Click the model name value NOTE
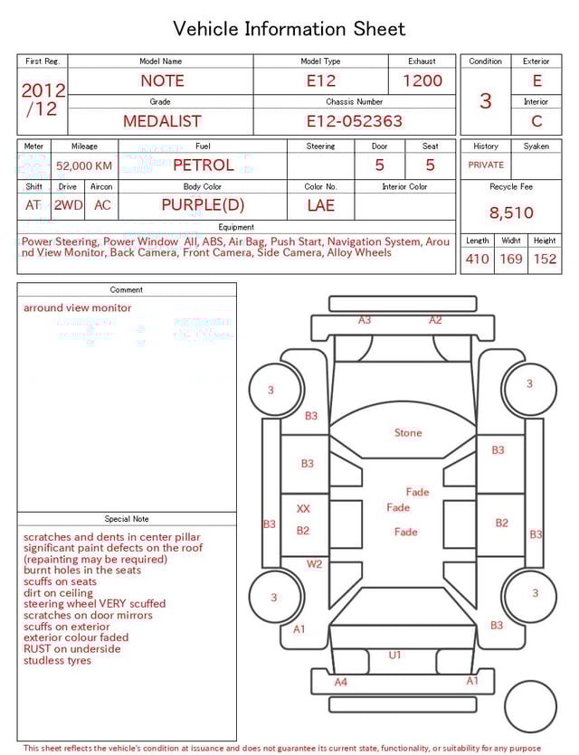[x=162, y=80]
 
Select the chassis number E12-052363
[x=354, y=121]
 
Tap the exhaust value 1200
[x=422, y=80]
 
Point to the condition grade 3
[x=486, y=100]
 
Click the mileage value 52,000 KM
[x=84, y=166]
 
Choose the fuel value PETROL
[x=203, y=165]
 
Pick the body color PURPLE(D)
[x=203, y=205]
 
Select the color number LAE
[x=320, y=205]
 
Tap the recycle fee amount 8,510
[x=511, y=213]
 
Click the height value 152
[x=545, y=260]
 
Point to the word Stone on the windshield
[x=408, y=433]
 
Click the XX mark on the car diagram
[x=303, y=509]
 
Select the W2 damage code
[x=314, y=564]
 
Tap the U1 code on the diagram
[x=394, y=655]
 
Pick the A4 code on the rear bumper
[x=341, y=682]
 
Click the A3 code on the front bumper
[x=365, y=320]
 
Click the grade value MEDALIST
[x=162, y=121]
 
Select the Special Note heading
[x=127, y=519]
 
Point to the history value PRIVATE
[x=486, y=165]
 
